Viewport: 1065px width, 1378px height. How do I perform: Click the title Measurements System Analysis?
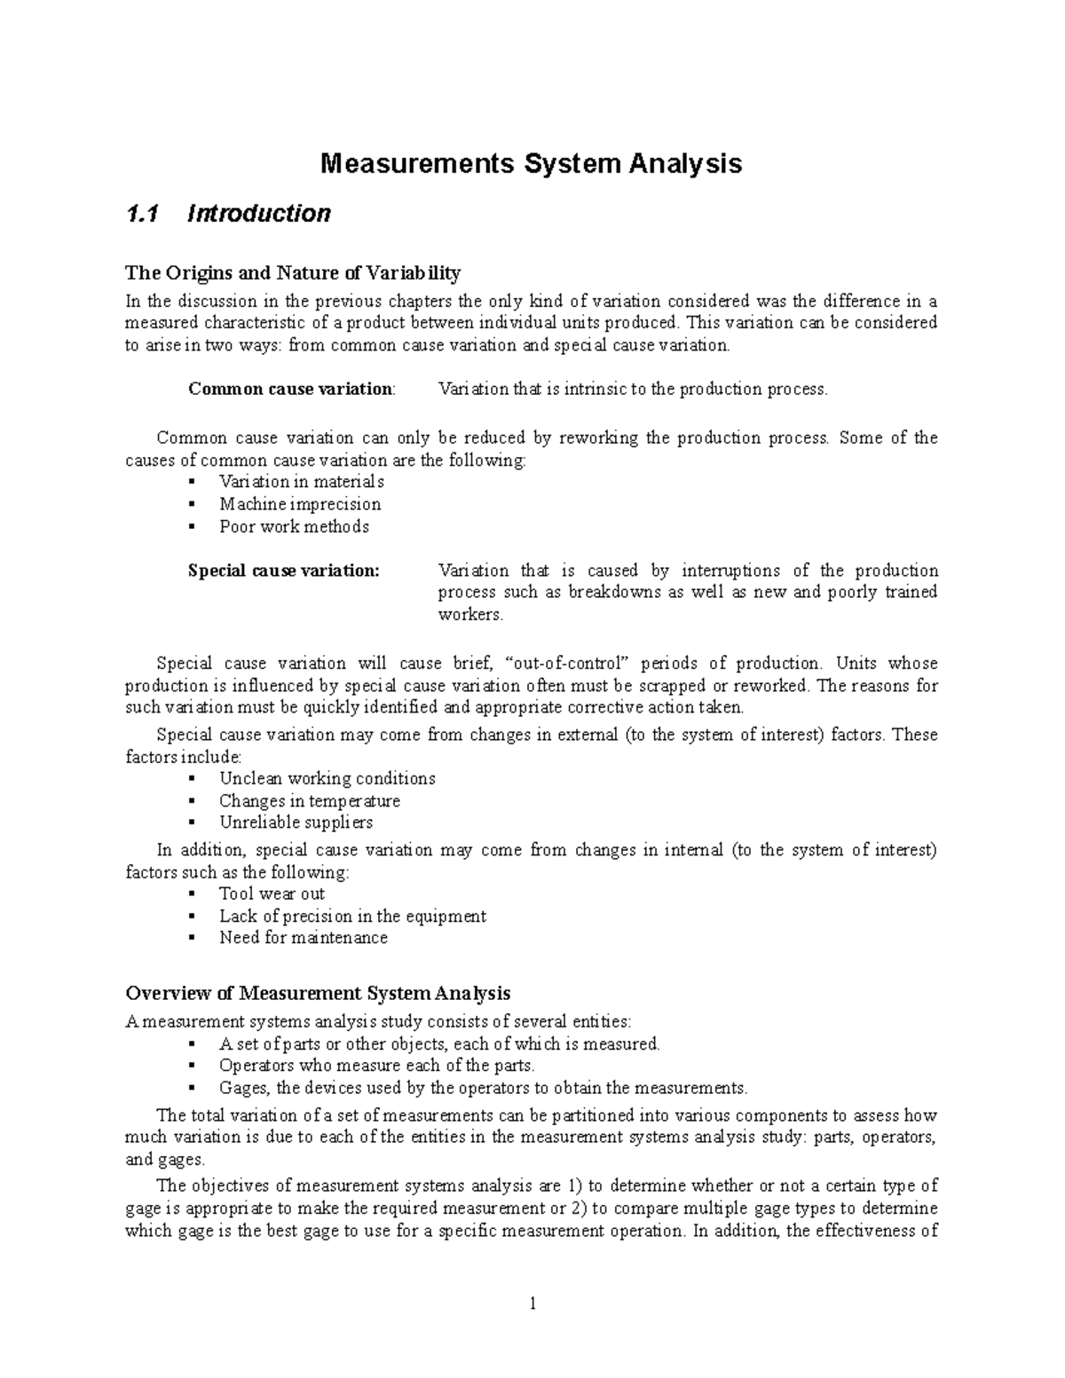click(531, 164)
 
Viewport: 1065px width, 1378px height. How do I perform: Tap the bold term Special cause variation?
click(283, 571)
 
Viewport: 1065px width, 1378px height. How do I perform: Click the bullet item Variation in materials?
click(301, 482)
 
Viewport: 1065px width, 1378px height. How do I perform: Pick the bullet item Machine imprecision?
click(300, 504)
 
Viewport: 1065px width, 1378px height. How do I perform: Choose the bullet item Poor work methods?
click(294, 526)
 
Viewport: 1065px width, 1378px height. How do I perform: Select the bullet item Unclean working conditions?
click(327, 778)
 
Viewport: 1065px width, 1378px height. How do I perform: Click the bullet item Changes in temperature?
click(310, 800)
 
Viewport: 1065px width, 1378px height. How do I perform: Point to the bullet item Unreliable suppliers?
click(296, 823)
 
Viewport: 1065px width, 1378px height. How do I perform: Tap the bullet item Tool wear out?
click(272, 894)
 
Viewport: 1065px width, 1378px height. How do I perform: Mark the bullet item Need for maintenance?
click(304, 938)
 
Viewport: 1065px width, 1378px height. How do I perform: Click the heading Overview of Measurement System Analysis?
click(318, 992)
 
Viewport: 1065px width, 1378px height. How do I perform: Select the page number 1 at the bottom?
click(532, 1303)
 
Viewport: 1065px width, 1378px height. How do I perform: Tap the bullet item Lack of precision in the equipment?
click(352, 916)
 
